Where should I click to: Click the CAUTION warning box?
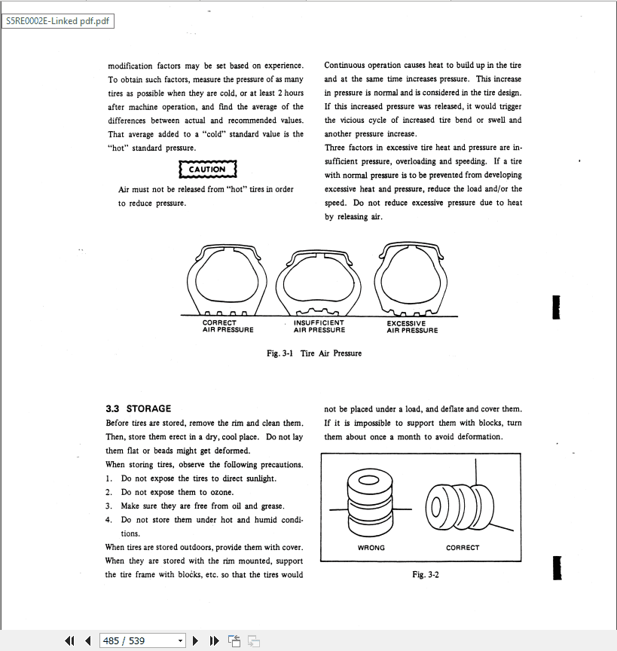point(207,170)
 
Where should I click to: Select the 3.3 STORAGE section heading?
point(138,409)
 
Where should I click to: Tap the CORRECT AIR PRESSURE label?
point(228,326)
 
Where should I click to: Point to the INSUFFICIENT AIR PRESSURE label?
point(319,326)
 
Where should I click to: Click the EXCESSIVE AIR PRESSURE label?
point(412,326)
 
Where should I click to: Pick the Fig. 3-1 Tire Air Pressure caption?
point(314,353)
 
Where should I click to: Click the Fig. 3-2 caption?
point(426,575)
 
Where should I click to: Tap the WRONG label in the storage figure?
point(371,548)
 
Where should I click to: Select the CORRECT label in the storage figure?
point(463,548)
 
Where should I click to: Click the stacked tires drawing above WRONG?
point(369,502)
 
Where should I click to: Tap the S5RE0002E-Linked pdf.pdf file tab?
point(58,20)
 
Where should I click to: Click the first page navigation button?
point(69,640)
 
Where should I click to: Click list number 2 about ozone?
point(110,492)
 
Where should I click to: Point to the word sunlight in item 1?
point(260,478)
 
